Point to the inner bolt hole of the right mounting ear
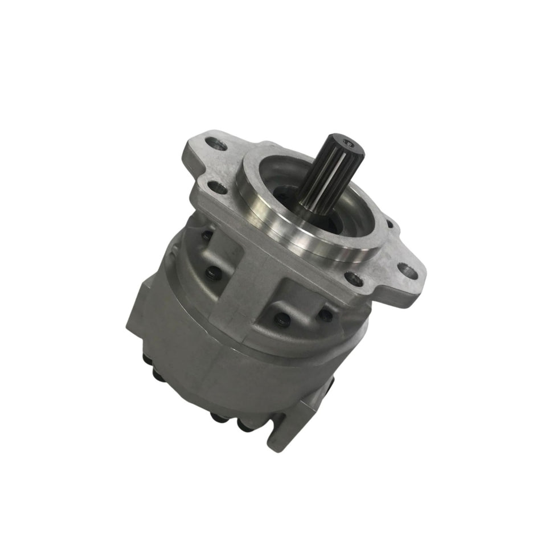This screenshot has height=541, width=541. (354, 278)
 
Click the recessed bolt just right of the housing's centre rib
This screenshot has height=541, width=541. (282, 321)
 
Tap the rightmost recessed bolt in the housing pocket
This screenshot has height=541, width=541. (326, 314)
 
